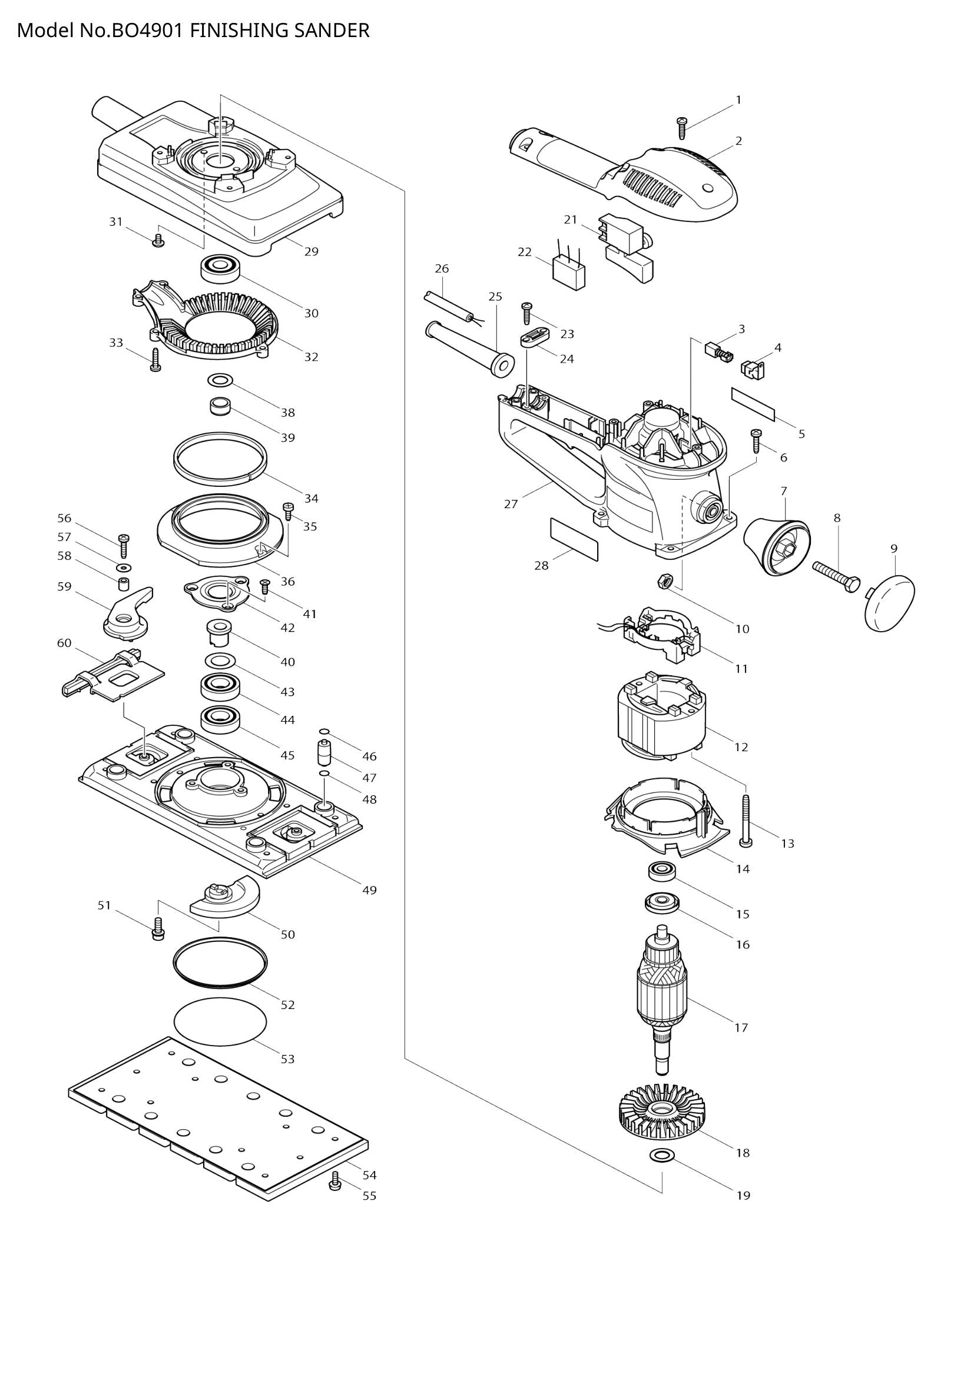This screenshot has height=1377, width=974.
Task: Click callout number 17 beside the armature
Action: point(741,1028)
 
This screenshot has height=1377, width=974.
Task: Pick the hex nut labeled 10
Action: point(664,580)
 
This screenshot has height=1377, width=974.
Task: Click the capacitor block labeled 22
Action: point(570,274)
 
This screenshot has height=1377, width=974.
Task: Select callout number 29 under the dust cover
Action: point(312,251)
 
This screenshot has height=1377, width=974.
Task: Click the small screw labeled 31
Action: point(158,241)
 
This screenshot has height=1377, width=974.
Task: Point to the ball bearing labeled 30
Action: point(220,267)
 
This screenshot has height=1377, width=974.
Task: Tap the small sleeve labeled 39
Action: point(220,407)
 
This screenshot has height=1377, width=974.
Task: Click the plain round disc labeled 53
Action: point(220,1020)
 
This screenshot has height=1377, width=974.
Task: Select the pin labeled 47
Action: point(324,754)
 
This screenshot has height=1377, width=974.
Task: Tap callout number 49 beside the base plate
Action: point(369,891)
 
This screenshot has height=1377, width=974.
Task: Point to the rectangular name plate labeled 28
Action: point(574,540)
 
